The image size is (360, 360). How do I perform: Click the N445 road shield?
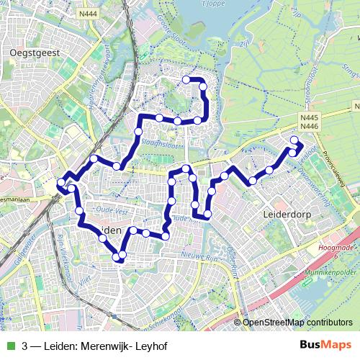309,118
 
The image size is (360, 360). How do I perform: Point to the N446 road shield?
309,127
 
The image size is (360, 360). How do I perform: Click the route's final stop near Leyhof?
293,140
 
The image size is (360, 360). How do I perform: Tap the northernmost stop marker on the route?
186,79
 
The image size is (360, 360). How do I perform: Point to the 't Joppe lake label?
206,3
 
